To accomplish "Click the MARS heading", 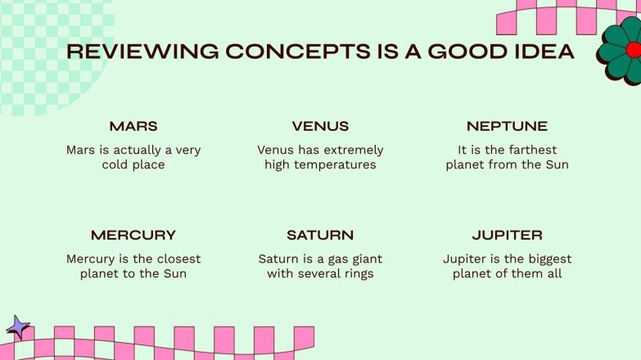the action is (x=133, y=126).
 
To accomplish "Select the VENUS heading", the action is (x=321, y=126).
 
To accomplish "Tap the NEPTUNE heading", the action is (x=507, y=126).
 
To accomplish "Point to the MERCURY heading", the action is (x=133, y=236).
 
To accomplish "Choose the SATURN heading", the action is (x=320, y=236).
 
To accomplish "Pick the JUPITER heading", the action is (x=508, y=236).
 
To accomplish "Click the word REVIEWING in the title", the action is (x=142, y=52).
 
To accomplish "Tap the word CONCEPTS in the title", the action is (x=298, y=52).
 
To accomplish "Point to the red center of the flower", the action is (x=634, y=50).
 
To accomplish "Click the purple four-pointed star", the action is (x=17, y=327).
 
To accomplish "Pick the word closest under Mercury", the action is (x=179, y=259).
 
